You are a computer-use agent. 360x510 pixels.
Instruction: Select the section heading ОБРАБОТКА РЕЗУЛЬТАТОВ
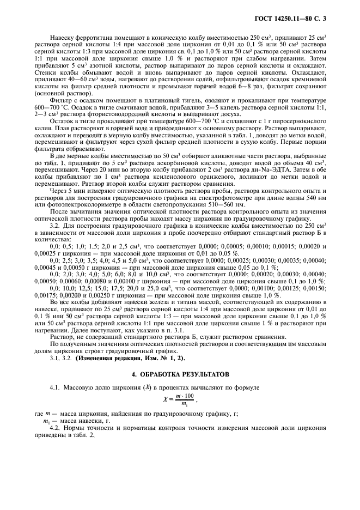coord(179,375)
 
